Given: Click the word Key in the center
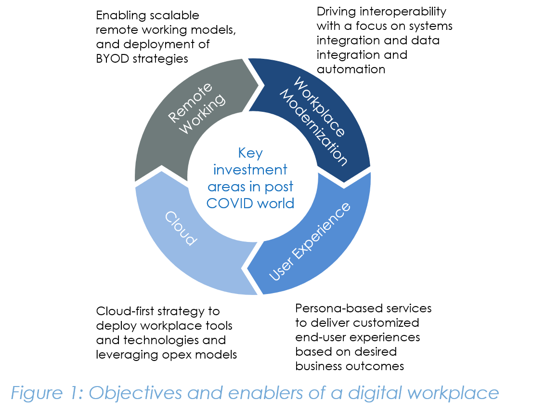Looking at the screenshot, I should (x=250, y=154).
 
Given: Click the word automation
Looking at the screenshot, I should (x=351, y=69).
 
